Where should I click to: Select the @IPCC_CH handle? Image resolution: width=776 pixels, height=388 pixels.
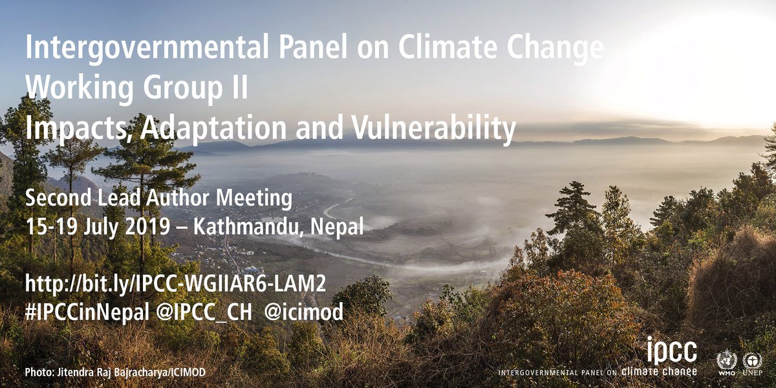[x=207, y=312]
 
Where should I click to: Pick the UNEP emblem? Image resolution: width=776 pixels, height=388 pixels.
[x=752, y=362]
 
